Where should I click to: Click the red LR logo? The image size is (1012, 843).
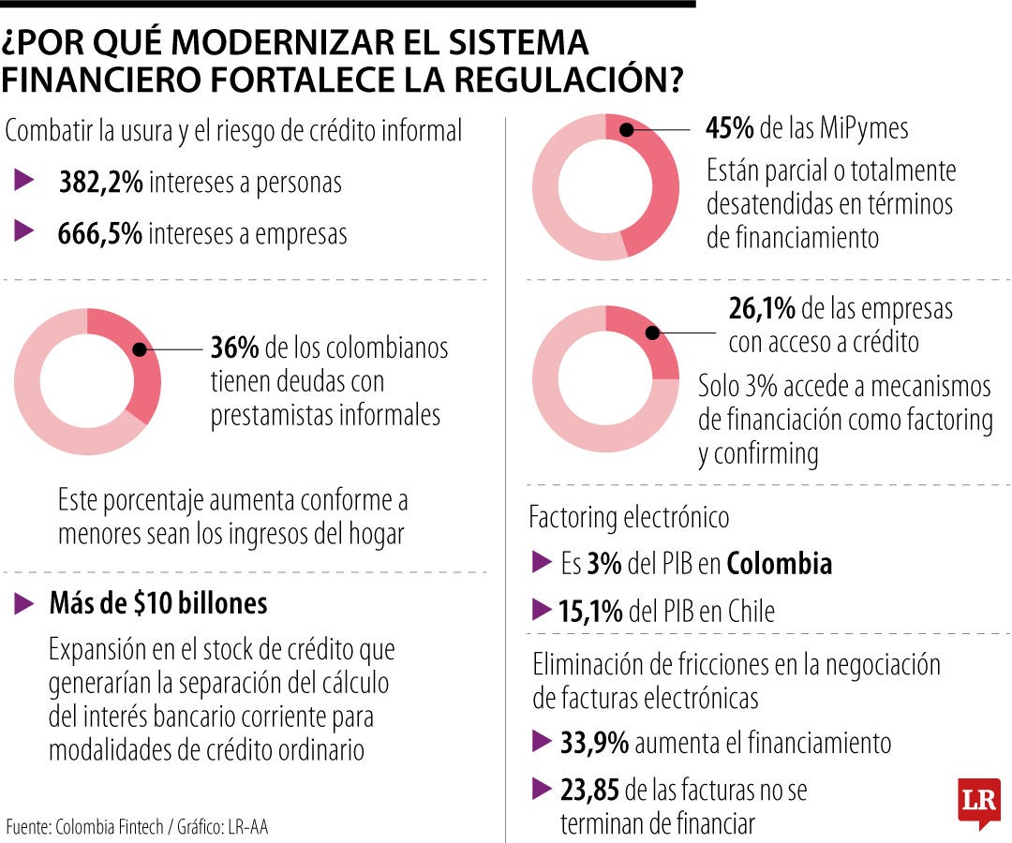tap(978, 802)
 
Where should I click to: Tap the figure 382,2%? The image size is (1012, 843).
tap(101, 183)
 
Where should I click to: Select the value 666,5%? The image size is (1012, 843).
tap(100, 233)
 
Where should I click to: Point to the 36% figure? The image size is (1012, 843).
tap(234, 348)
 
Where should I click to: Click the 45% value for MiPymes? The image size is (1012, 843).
tap(730, 128)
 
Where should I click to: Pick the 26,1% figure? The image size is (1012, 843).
tap(762, 308)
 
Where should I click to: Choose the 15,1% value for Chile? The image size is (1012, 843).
tap(590, 613)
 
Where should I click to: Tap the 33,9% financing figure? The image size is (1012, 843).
tap(594, 744)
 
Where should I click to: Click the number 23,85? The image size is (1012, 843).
tap(589, 791)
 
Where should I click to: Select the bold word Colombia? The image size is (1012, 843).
tap(780, 564)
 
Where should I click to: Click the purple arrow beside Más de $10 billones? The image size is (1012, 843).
tap(24, 604)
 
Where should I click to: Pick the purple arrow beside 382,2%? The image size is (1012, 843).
tap(24, 182)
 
